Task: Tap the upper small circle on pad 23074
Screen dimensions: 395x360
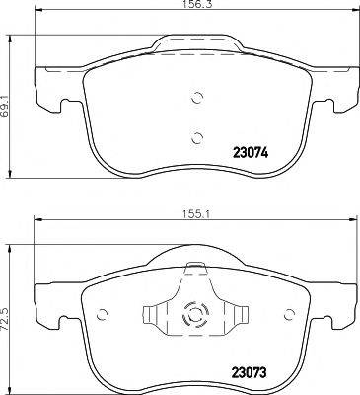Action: tap(196, 97)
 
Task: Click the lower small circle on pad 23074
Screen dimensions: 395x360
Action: tap(196, 138)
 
